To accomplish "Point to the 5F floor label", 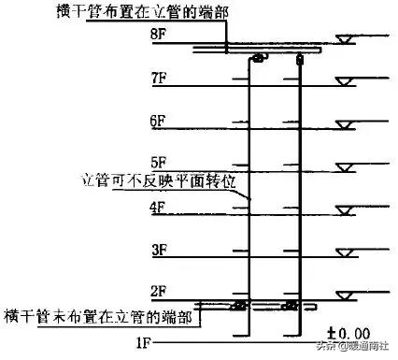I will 157,161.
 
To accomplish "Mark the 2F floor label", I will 157,290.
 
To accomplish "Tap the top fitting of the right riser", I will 300,60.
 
